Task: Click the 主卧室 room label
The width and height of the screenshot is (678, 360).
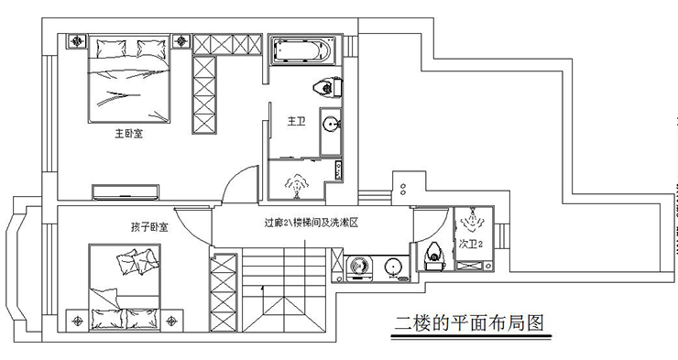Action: click(x=128, y=134)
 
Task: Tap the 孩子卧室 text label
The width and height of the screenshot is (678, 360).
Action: click(x=148, y=225)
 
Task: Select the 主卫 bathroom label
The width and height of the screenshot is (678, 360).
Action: click(x=295, y=121)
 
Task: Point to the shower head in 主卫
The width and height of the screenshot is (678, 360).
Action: click(x=296, y=184)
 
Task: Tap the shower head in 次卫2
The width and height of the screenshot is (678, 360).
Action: click(x=473, y=219)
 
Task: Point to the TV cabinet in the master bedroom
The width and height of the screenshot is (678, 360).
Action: click(x=127, y=191)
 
